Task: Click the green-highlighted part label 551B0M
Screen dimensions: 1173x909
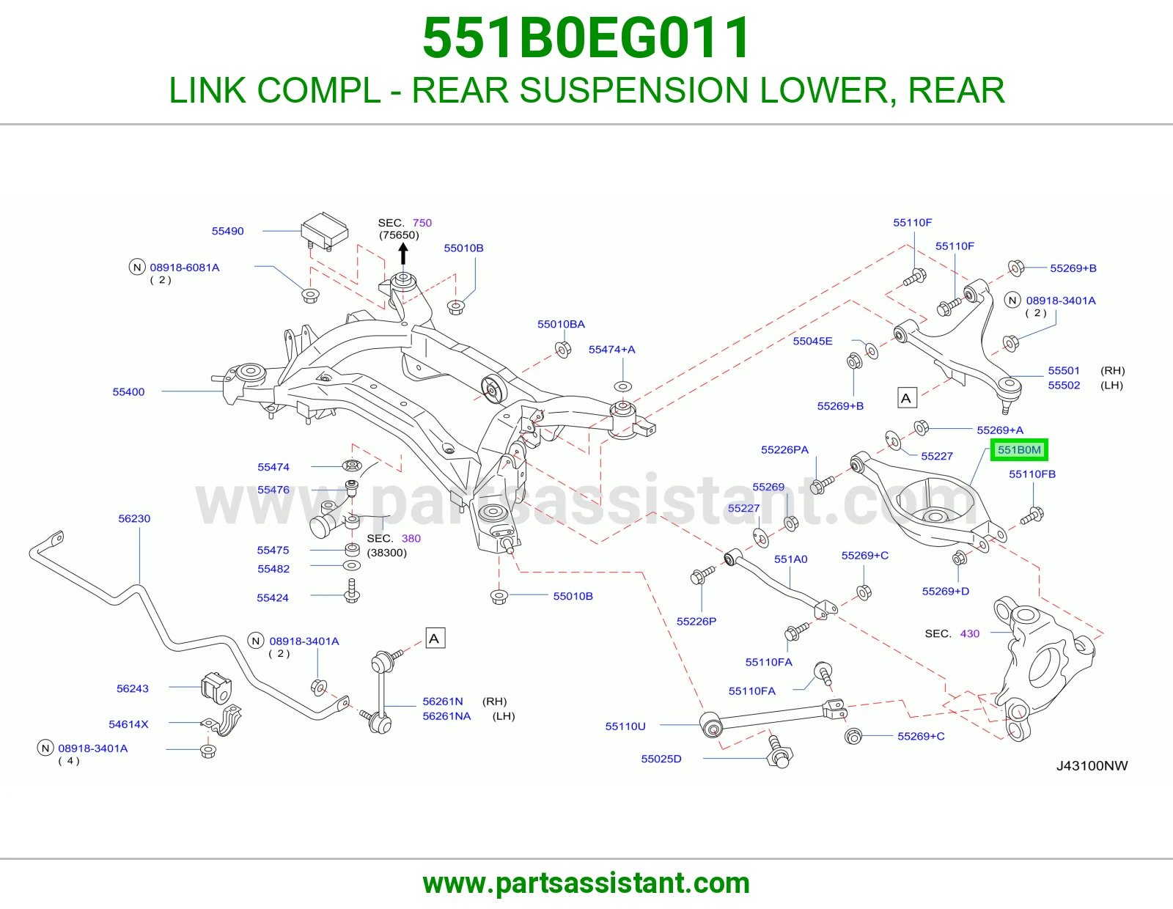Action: [x=1018, y=449]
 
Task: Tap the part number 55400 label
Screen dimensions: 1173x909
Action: [x=128, y=392]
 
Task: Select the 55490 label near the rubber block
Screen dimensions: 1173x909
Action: [x=228, y=231]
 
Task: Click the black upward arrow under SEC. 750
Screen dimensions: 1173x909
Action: [x=402, y=253]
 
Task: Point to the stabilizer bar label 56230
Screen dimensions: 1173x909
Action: [x=134, y=518]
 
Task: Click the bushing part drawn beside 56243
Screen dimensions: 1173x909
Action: [x=216, y=688]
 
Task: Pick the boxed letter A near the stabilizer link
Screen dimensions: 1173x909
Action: [x=435, y=638]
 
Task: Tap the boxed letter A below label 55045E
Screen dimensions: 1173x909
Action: [x=906, y=398]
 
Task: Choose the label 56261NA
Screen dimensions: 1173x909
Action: [x=446, y=715]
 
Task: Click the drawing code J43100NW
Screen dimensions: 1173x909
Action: [x=1092, y=765]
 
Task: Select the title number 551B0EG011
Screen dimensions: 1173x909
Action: [x=586, y=38]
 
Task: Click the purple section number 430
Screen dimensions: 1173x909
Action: [x=969, y=633]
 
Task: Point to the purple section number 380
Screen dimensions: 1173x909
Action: [x=411, y=538]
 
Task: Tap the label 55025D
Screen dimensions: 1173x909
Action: [x=661, y=759]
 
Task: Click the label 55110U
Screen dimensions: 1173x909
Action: [x=625, y=726]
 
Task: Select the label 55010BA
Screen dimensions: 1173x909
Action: [x=561, y=324]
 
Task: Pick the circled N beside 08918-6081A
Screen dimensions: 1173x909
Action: [x=137, y=267]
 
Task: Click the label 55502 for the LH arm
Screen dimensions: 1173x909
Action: [x=1064, y=386]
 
